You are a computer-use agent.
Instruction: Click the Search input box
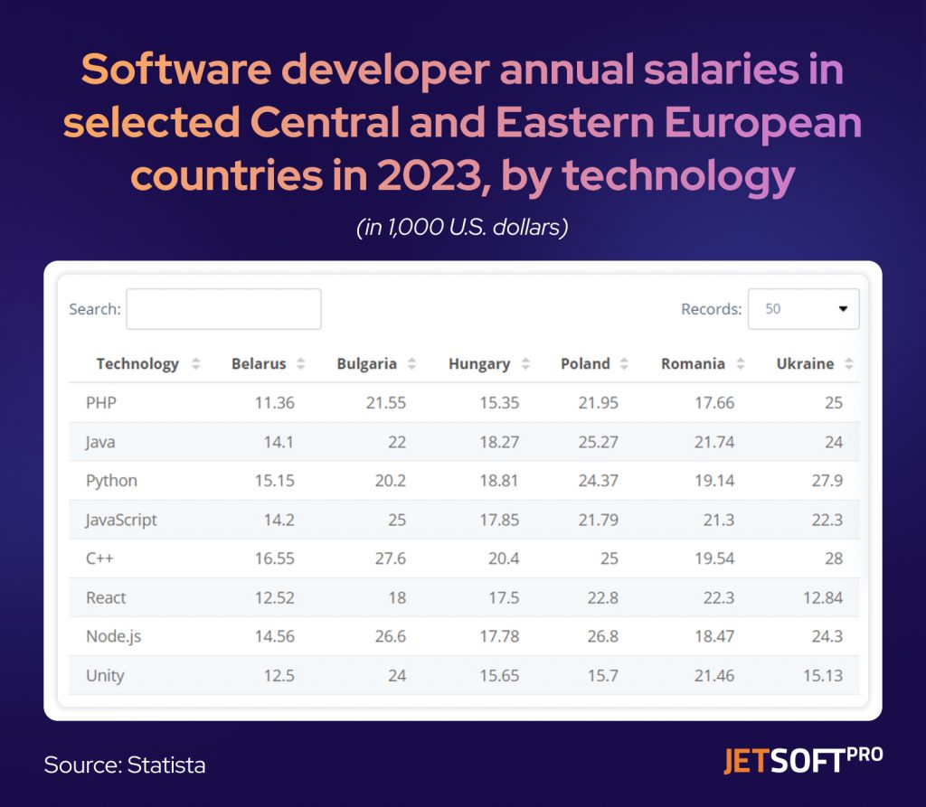pos(223,309)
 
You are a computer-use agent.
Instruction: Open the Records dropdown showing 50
pos(803,309)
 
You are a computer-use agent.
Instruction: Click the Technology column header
pos(137,364)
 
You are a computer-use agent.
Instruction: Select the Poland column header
pos(585,364)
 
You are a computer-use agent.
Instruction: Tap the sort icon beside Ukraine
pos(849,364)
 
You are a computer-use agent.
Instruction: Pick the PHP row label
pos(101,403)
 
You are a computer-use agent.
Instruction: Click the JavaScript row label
pos(121,521)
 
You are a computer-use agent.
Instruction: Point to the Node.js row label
pos(115,637)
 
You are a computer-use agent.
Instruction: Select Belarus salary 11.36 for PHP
pos(275,403)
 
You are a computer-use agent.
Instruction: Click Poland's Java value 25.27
pos(599,443)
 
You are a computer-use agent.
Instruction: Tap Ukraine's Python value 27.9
pos(827,482)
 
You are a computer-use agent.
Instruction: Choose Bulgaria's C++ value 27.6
pos(390,559)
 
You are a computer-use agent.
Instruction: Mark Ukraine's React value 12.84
pos(822,598)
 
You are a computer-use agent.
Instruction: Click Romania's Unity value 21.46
pos(714,676)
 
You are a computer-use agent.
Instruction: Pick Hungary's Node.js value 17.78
pos(499,637)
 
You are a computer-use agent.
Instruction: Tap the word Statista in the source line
pos(166,765)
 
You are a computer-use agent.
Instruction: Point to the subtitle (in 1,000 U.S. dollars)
pos(462,228)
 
